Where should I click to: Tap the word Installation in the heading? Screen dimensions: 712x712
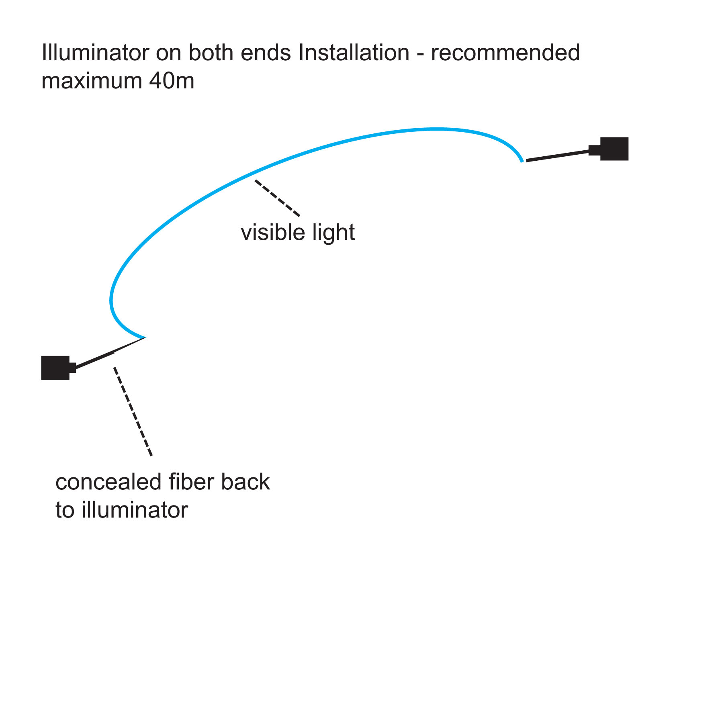coord(354,53)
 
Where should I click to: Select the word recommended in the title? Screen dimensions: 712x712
coord(505,53)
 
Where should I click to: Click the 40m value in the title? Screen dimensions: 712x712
coord(172,81)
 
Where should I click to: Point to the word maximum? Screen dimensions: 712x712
coord(92,81)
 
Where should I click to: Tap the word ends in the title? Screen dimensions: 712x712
coord(266,53)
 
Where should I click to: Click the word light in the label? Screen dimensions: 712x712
coord(333,233)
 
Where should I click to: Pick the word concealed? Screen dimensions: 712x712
coord(109,482)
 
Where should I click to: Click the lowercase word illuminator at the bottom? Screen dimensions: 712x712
coord(135,510)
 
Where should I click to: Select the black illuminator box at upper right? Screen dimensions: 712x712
coord(614,149)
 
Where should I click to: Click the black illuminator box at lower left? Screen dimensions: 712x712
coord(56,368)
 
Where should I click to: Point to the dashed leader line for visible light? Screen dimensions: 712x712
coord(277,198)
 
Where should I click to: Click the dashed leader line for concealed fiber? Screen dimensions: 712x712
coord(133,412)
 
